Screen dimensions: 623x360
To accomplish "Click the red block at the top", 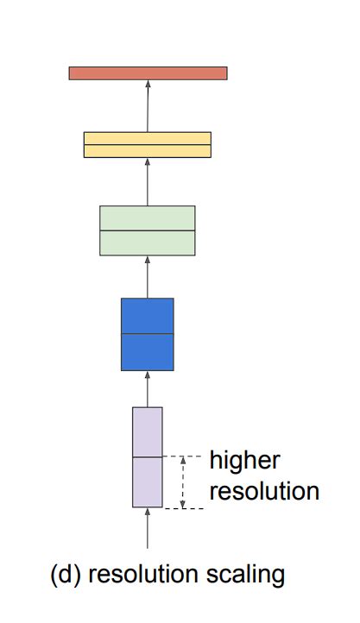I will pyautogui.click(x=148, y=73).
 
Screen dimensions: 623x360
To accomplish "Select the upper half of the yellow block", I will pyautogui.click(x=148, y=138).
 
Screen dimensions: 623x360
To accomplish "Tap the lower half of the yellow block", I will pyautogui.click(x=148, y=151).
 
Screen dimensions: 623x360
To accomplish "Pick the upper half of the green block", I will pyautogui.click(x=148, y=218).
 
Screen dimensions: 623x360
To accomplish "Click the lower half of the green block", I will pyautogui.click(x=148, y=242).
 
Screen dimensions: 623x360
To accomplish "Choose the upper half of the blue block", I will pyautogui.click(x=148, y=315).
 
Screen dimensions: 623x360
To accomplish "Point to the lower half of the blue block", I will pyautogui.click(x=148, y=352).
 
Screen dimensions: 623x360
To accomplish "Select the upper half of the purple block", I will pyautogui.click(x=148, y=431).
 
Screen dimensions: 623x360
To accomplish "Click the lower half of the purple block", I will pyautogui.click(x=148, y=481).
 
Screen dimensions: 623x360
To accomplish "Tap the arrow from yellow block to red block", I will pyautogui.click(x=148, y=106).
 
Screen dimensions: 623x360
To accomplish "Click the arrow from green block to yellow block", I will pyautogui.click(x=148, y=182).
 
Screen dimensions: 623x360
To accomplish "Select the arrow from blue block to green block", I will pyautogui.click(x=148, y=277).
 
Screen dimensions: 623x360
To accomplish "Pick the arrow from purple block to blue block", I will pyautogui.click(x=148, y=389).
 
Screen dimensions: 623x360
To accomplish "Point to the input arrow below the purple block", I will pyautogui.click(x=148, y=528).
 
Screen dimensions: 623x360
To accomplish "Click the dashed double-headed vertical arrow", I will pyautogui.click(x=182, y=482).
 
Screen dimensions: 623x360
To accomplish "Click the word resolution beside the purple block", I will pyautogui.click(x=264, y=492).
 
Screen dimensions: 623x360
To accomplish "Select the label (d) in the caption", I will pyautogui.click(x=66, y=574).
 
